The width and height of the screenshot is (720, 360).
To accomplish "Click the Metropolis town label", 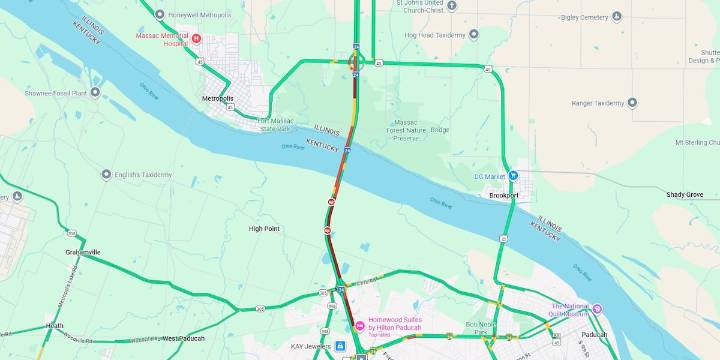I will pos(217,99).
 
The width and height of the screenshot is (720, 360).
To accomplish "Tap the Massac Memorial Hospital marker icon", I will pos(196,39).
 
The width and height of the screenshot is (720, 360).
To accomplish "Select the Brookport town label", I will pos(504,195).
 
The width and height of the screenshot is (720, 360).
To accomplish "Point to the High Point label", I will pos(264,228).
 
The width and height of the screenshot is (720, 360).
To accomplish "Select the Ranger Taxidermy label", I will pos(597,103).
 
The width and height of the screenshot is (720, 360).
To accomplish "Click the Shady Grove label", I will pos(685,194).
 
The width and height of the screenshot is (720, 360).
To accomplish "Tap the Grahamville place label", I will pos(83,252).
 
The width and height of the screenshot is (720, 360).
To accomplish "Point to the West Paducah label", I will pos(183,338).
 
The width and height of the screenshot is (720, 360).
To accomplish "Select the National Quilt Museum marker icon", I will pos(597,309).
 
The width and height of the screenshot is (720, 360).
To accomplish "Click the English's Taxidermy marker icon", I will pos(106,173).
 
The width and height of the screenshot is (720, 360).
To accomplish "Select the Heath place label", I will pos(54,326).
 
